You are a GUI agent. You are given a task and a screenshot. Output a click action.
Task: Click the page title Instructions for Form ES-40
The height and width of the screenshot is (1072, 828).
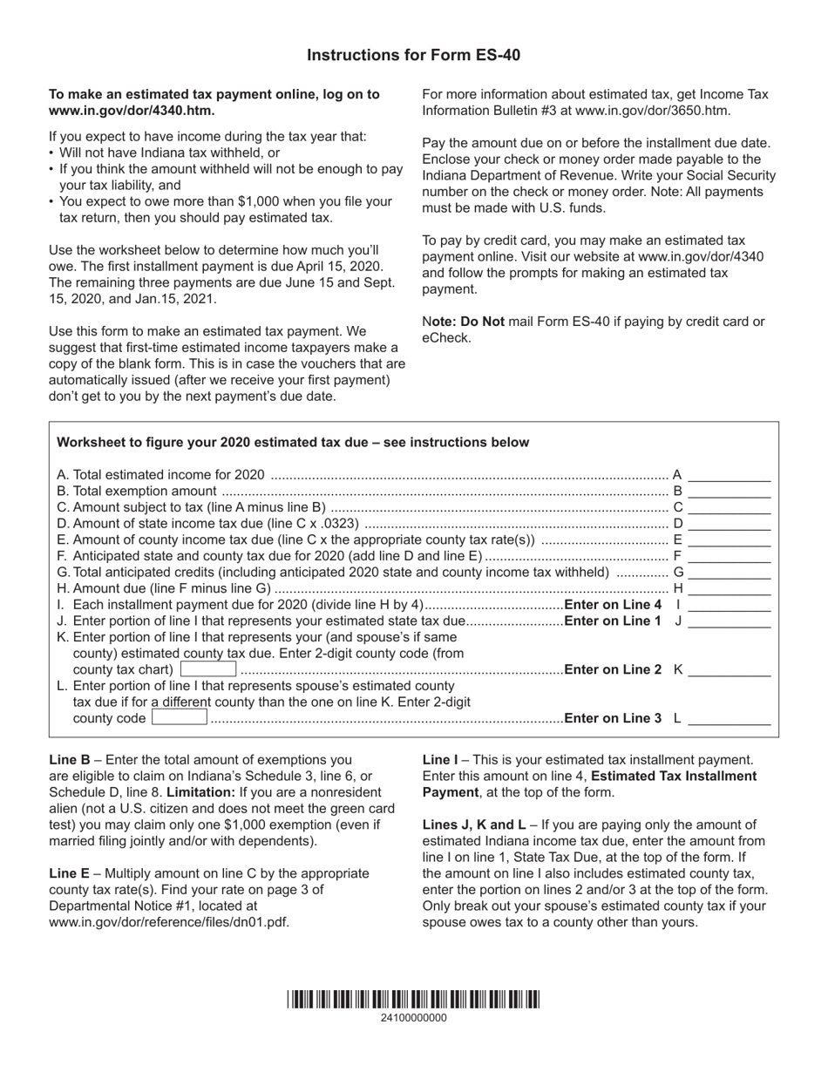[413, 55]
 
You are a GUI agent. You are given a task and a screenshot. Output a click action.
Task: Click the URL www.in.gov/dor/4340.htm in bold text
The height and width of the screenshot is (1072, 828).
[132, 111]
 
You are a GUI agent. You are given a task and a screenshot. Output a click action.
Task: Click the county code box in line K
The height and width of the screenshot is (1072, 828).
[208, 669]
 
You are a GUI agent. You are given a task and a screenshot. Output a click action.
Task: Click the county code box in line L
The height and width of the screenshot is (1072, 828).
[180, 718]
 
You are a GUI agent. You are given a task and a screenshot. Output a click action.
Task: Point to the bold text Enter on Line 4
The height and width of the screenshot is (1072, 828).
[613, 605]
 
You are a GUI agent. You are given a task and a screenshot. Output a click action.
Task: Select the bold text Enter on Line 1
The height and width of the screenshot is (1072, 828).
[613, 621]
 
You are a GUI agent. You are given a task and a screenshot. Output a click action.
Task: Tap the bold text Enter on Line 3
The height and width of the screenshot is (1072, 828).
[613, 718]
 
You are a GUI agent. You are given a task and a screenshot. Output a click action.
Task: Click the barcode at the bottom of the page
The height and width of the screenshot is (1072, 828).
[413, 1000]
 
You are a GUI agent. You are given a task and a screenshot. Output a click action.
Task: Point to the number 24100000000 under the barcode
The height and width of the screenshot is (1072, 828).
[413, 1018]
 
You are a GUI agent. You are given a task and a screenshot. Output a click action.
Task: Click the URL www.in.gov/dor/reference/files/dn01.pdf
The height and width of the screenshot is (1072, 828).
[169, 921]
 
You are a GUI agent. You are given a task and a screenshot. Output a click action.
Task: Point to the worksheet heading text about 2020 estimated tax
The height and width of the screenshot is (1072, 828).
[293, 442]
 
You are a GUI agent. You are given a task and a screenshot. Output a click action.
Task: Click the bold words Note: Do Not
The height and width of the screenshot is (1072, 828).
[464, 322]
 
